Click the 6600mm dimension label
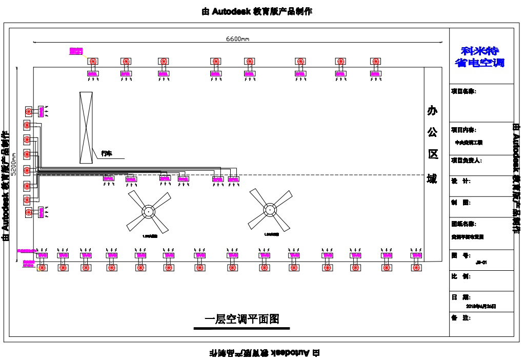tap(237, 39)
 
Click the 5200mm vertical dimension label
tap(14, 164)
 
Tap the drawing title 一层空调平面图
tap(242, 319)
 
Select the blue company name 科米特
tap(480, 51)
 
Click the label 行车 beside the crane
tap(107, 153)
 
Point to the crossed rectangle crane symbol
tap(86, 128)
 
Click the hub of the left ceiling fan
tap(148, 211)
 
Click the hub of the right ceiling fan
tap(270, 209)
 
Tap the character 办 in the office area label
tap(432, 110)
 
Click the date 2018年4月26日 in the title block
tap(481, 306)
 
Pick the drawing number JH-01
tap(481, 262)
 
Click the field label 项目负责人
tap(466, 161)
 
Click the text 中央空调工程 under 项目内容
tap(469, 143)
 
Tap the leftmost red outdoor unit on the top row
tap(93, 62)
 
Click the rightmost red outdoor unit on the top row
tap(376, 62)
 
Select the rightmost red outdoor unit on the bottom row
tap(416, 267)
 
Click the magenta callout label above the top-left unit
tap(76, 51)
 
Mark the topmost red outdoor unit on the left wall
tap(29, 111)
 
